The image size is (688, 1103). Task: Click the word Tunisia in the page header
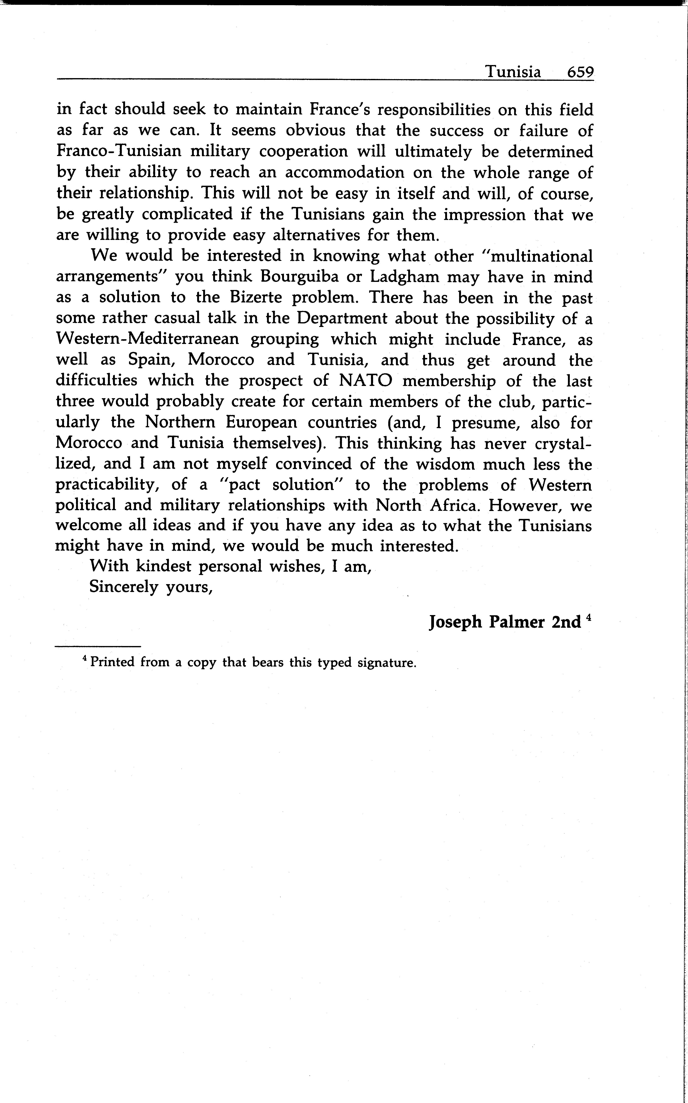tap(513, 72)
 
